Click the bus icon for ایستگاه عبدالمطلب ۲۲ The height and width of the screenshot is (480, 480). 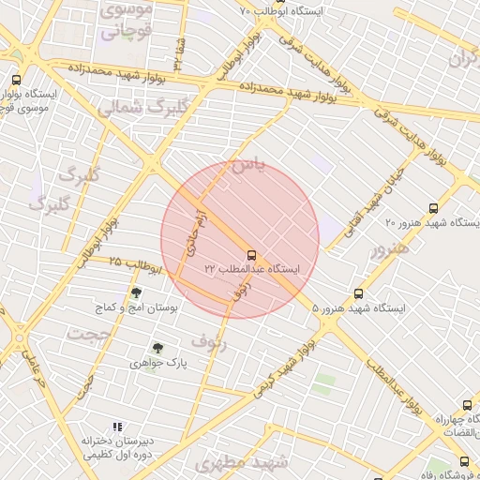coord(251,254)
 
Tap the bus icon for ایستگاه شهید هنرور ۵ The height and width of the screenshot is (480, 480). coord(358,293)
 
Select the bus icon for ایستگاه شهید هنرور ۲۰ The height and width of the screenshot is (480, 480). coord(432,208)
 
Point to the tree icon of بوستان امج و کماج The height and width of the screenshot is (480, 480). coord(137,292)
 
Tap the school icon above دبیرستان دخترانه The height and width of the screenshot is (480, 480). coord(117,426)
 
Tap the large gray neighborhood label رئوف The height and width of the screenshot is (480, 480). coord(209,340)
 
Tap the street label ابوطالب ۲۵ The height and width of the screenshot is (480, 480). coord(137,264)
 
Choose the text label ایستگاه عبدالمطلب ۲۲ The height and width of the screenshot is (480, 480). coord(253,269)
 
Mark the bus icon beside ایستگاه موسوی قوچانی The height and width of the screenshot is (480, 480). coord(16,81)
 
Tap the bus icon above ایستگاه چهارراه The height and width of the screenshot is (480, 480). coord(466,406)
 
